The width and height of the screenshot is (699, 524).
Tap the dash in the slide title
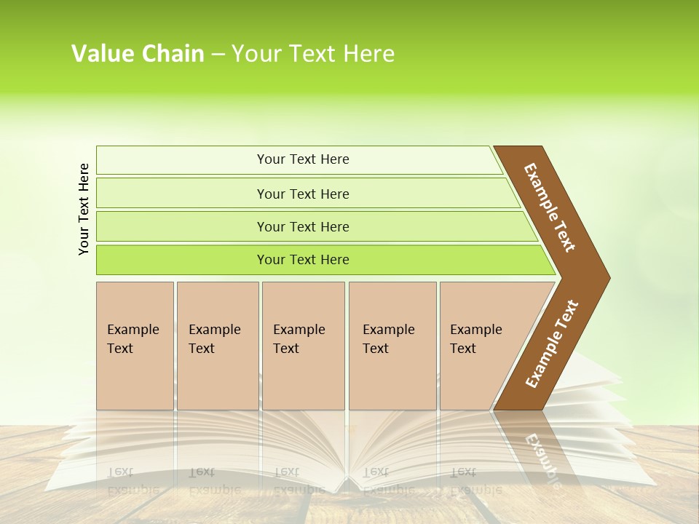218,55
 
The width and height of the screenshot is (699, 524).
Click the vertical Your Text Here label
84,209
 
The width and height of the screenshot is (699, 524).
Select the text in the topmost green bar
303,159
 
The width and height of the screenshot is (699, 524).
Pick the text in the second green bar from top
303,194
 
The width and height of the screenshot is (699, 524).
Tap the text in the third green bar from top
303,226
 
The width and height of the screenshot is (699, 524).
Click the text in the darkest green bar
303,259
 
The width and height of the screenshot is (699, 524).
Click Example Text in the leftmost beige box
133,338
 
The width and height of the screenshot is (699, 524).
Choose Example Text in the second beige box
214,338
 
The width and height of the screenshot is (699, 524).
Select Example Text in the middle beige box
299,338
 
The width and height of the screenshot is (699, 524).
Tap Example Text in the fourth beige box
388,338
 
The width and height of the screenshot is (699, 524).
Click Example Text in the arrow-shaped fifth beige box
475,338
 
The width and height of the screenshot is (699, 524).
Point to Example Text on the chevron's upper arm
550,207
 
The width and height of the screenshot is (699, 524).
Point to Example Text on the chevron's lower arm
552,344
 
